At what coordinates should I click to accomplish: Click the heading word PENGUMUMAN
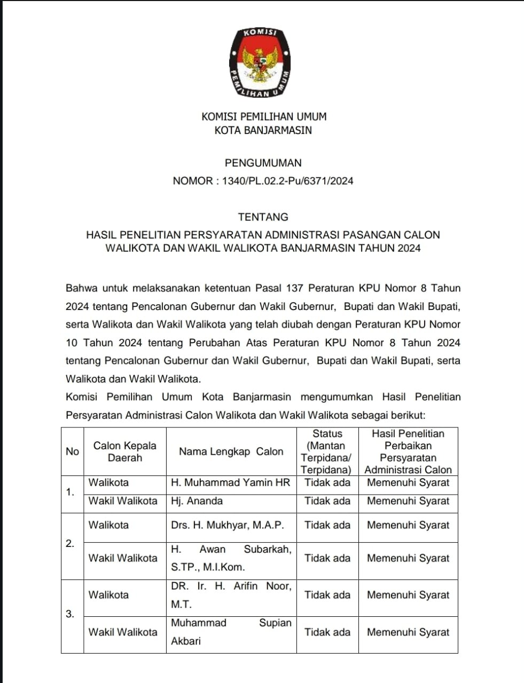(263, 163)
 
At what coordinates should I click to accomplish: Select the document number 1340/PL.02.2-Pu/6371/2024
(287, 181)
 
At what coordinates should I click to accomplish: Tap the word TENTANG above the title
(263, 217)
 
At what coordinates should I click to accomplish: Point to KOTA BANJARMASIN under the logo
(263, 130)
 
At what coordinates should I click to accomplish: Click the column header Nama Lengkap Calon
(231, 451)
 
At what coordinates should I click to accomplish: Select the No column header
(72, 451)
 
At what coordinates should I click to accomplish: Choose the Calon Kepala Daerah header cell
(124, 451)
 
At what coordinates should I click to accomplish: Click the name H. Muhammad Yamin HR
(230, 483)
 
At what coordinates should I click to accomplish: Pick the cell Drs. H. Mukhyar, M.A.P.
(227, 525)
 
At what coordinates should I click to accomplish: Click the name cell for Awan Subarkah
(231, 558)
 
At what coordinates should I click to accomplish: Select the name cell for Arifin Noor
(231, 595)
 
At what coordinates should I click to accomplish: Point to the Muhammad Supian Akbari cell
(231, 632)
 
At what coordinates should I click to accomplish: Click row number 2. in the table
(70, 544)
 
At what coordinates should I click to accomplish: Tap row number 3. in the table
(70, 614)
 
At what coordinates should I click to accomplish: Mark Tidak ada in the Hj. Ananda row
(327, 501)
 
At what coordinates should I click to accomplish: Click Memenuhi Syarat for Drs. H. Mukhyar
(408, 525)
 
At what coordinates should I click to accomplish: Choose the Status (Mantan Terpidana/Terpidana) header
(327, 451)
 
